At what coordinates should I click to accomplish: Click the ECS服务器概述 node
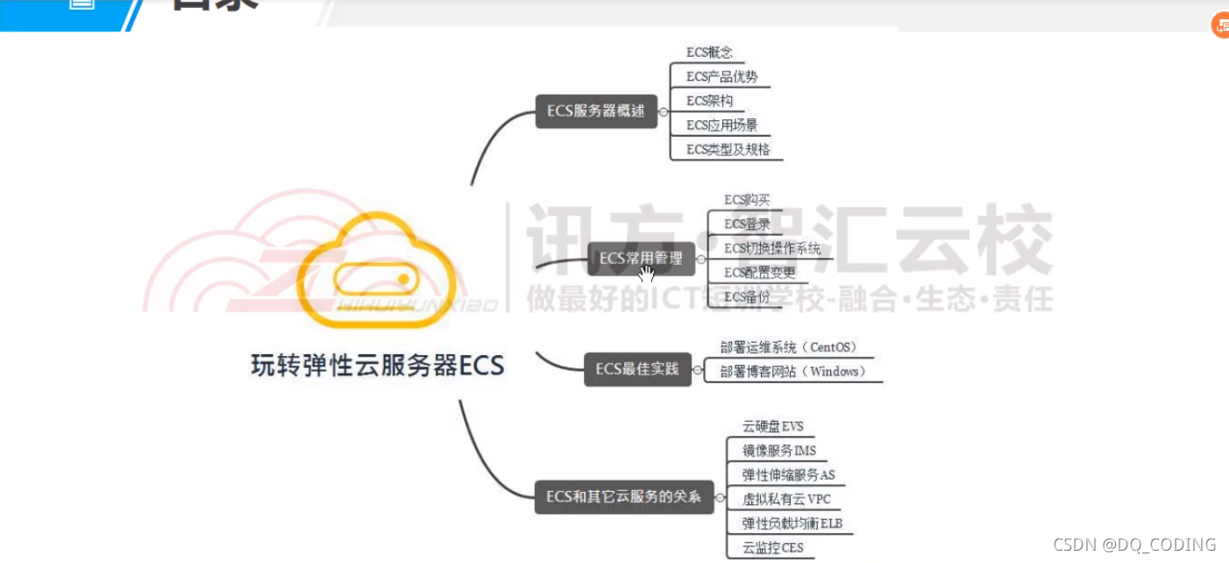[596, 111]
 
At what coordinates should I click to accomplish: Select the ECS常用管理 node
[634, 258]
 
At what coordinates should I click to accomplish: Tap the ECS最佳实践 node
[637, 369]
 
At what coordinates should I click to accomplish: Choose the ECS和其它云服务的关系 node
[623, 497]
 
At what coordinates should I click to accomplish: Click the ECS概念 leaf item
[709, 53]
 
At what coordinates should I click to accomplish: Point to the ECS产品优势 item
[721, 76]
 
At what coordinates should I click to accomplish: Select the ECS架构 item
[709, 101]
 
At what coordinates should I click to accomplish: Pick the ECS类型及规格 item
[728, 149]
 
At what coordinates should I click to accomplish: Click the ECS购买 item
[747, 200]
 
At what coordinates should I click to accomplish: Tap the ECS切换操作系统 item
[772, 249]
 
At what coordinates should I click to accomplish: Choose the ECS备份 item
[747, 297]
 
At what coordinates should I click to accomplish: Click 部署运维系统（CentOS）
[787, 347]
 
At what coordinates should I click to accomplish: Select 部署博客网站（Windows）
[792, 372]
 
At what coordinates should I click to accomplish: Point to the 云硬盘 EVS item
[772, 427]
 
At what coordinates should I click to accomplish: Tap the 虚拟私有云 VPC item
[785, 500]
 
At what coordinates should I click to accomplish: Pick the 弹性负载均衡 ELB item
[792, 524]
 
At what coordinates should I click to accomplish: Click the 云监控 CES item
[772, 549]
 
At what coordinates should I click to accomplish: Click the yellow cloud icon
[377, 267]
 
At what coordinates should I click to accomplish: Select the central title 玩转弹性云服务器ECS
[378, 365]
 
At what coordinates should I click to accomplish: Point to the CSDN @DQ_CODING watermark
[1134, 545]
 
